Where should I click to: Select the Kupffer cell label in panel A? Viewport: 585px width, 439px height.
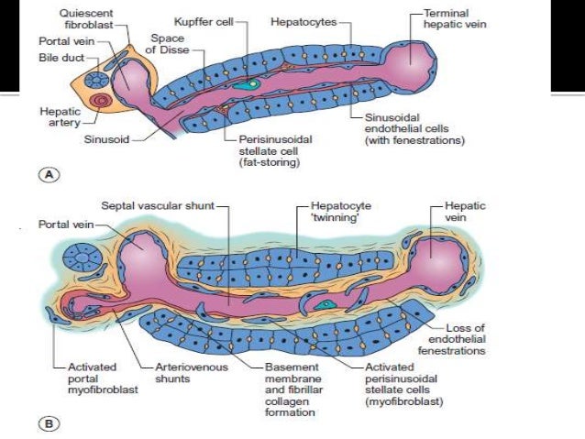[200, 19]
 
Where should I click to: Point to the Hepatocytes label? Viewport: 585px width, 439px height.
[302, 19]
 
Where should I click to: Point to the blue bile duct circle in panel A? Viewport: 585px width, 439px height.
[96, 80]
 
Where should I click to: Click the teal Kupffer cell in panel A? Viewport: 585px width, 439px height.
[243, 83]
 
